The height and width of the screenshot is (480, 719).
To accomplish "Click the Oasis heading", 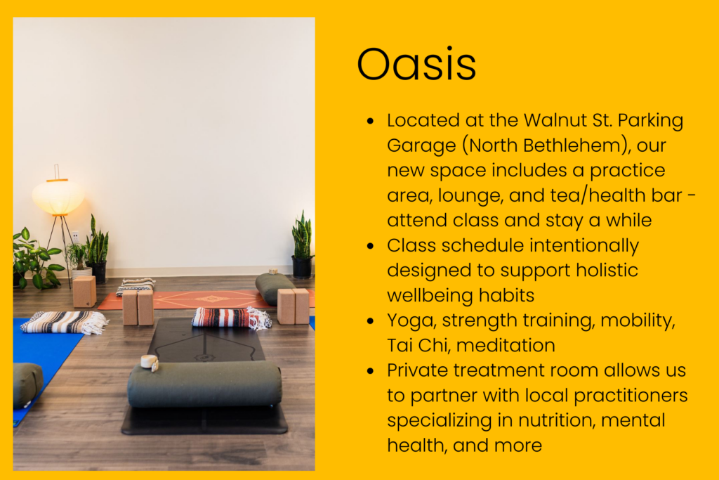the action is click(x=416, y=64).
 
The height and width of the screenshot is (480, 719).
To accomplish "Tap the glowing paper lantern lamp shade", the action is click(x=58, y=197).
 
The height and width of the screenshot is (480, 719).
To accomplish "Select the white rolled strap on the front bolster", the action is click(x=150, y=363).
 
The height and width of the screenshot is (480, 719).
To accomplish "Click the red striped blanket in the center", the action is click(x=232, y=318).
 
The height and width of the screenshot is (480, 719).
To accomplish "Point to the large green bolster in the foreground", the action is click(x=204, y=384).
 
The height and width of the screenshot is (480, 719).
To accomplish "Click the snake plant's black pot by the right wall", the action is click(x=302, y=267).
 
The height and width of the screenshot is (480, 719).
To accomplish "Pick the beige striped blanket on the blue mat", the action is click(x=64, y=322).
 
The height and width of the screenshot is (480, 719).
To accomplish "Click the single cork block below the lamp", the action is click(x=84, y=292).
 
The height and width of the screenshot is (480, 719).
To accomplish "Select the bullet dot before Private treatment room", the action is click(x=371, y=371).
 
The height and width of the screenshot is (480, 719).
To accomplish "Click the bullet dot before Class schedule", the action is click(x=371, y=246).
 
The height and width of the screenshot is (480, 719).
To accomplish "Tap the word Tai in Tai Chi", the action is click(x=400, y=345).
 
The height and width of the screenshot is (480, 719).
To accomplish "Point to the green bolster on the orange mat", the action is click(x=275, y=287).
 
